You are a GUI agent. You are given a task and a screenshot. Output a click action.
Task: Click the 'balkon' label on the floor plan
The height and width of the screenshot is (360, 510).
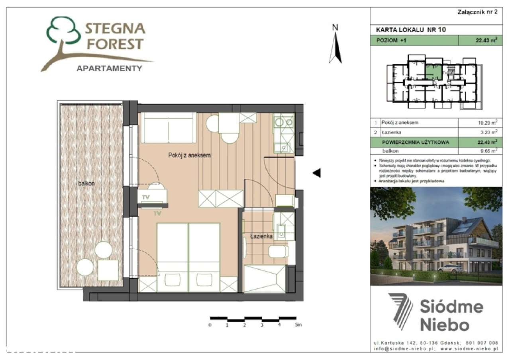[86, 183]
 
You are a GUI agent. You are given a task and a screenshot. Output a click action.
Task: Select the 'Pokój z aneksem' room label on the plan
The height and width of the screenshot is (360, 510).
[189, 155]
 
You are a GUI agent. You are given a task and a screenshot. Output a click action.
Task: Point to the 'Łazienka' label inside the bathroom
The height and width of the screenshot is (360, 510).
[261, 236]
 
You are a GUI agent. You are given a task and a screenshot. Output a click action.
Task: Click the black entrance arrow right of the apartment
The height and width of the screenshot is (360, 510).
[316, 173]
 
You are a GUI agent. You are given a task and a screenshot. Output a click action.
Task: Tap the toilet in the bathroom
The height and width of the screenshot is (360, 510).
[279, 251]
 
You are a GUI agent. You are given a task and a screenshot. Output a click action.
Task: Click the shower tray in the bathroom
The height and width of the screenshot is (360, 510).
[265, 279]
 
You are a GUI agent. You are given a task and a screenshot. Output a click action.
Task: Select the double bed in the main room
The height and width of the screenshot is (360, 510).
[188, 255]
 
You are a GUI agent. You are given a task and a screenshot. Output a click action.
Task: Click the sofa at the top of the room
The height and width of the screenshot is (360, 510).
[168, 127]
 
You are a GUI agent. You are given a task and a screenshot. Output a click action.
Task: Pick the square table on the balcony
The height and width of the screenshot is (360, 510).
[108, 270]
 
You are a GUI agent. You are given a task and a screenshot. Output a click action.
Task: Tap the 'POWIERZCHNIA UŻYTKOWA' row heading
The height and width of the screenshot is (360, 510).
[410, 142]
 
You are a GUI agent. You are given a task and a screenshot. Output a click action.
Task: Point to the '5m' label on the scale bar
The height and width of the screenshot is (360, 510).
[298, 325]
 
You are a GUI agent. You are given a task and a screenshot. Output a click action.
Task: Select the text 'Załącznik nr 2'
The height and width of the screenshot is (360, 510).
[477, 12]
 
